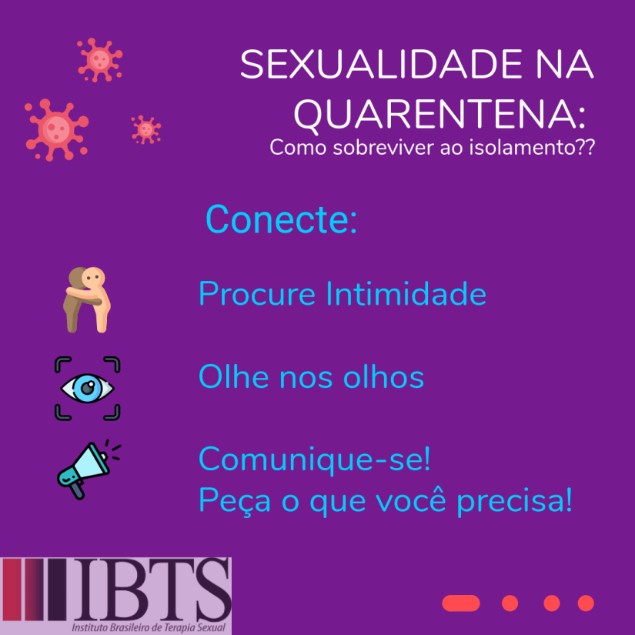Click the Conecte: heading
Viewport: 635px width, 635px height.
pyautogui.click(x=281, y=220)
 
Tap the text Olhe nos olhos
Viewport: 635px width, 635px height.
pyautogui.click(x=311, y=377)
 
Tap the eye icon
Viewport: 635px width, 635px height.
pyautogui.click(x=88, y=388)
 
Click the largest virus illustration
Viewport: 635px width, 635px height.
pyautogui.click(x=55, y=129)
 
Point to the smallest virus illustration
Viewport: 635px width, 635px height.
pyautogui.click(x=145, y=129)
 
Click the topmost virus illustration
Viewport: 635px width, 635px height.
pyautogui.click(x=99, y=59)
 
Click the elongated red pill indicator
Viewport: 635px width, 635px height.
pyautogui.click(x=461, y=603)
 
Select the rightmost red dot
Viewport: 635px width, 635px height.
pyautogui.click(x=586, y=603)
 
